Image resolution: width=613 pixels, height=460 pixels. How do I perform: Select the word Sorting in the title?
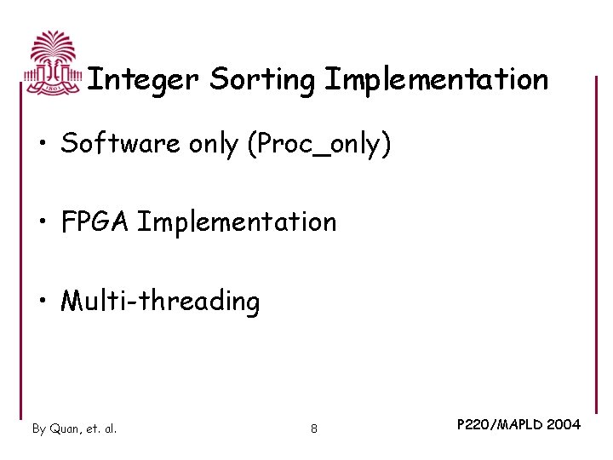(263, 80)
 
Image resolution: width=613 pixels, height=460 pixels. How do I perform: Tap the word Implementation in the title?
(436, 79)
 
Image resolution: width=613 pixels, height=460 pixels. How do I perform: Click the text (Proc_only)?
(319, 145)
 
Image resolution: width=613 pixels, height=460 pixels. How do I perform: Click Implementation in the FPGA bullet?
(237, 222)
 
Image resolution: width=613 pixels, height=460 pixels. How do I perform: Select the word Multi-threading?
(160, 302)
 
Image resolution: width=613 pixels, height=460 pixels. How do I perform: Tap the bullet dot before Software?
(43, 145)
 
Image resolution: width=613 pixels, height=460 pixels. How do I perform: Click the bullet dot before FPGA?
(43, 223)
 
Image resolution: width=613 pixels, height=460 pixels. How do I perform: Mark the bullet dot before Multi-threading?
(43, 302)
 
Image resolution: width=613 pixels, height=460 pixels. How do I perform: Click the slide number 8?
(314, 428)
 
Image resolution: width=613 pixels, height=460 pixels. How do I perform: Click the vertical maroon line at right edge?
(596, 247)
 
